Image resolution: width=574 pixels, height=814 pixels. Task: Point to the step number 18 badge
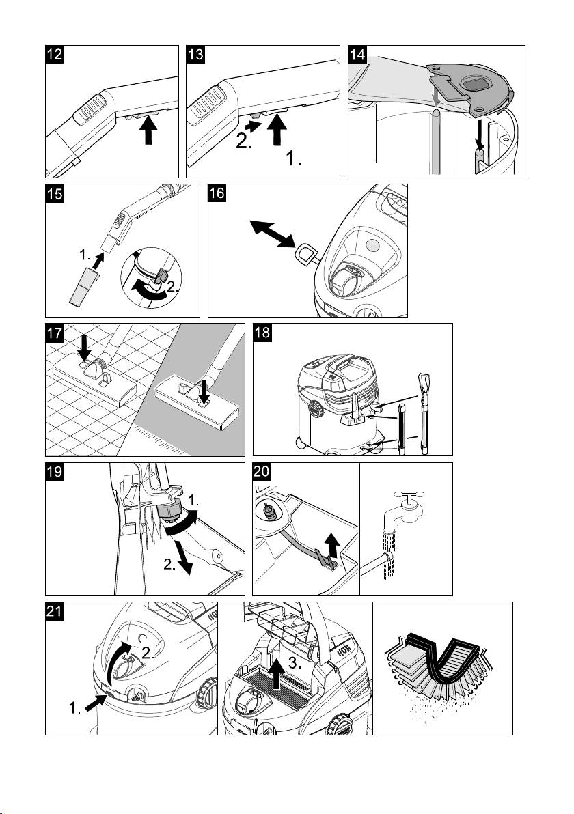(x=262, y=335)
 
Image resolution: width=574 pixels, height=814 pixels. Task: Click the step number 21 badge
(x=56, y=613)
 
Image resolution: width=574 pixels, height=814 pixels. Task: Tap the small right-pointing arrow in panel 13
(x=251, y=127)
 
